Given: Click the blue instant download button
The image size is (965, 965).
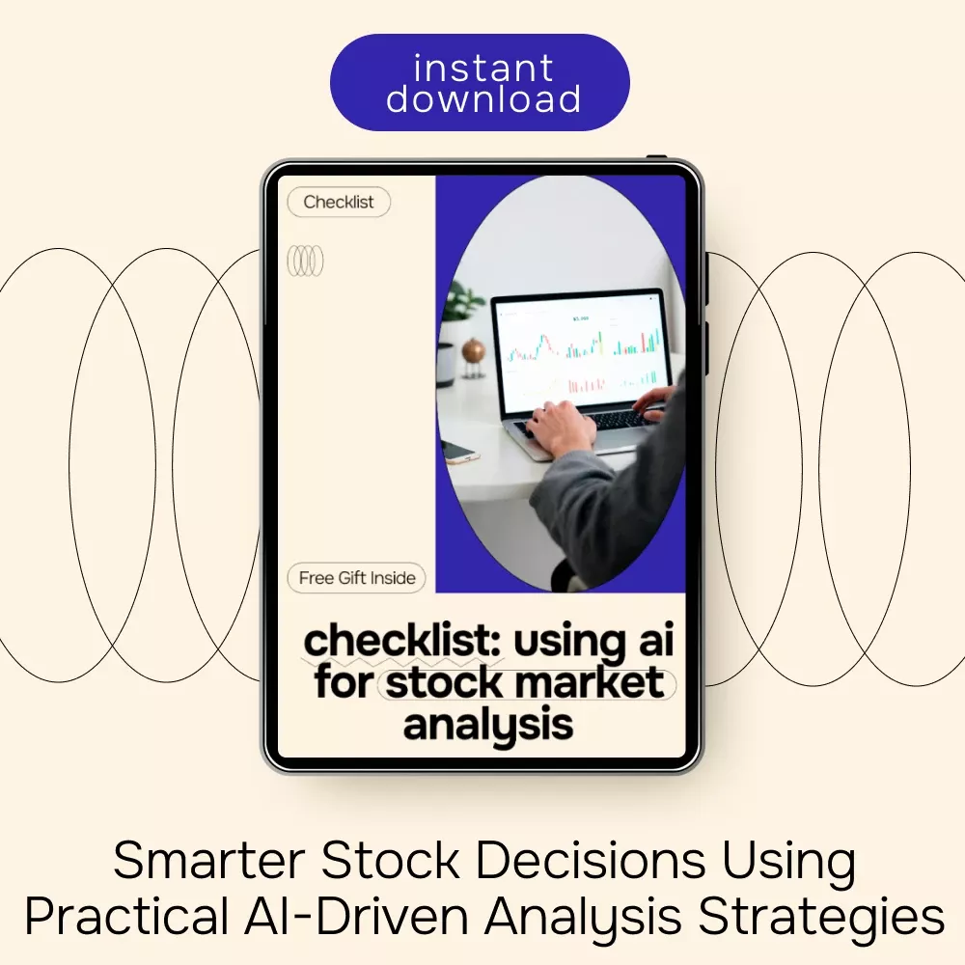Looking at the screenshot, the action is tap(480, 82).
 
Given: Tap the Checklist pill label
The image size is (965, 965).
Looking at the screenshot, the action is tap(339, 202).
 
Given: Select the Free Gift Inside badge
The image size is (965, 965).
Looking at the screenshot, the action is tap(357, 578).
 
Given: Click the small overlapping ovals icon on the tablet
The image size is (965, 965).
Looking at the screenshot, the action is tap(305, 261).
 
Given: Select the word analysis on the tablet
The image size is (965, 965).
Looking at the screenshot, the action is tap(488, 726).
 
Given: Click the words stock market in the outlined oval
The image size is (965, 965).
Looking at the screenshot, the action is tap(525, 683).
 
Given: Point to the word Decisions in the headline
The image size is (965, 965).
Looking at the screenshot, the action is tap(591, 861).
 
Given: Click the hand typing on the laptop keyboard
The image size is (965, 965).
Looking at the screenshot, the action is tap(560, 427).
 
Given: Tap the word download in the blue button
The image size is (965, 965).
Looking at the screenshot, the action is tap(483, 98).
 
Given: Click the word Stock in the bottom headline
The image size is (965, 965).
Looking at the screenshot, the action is tap(390, 861).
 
